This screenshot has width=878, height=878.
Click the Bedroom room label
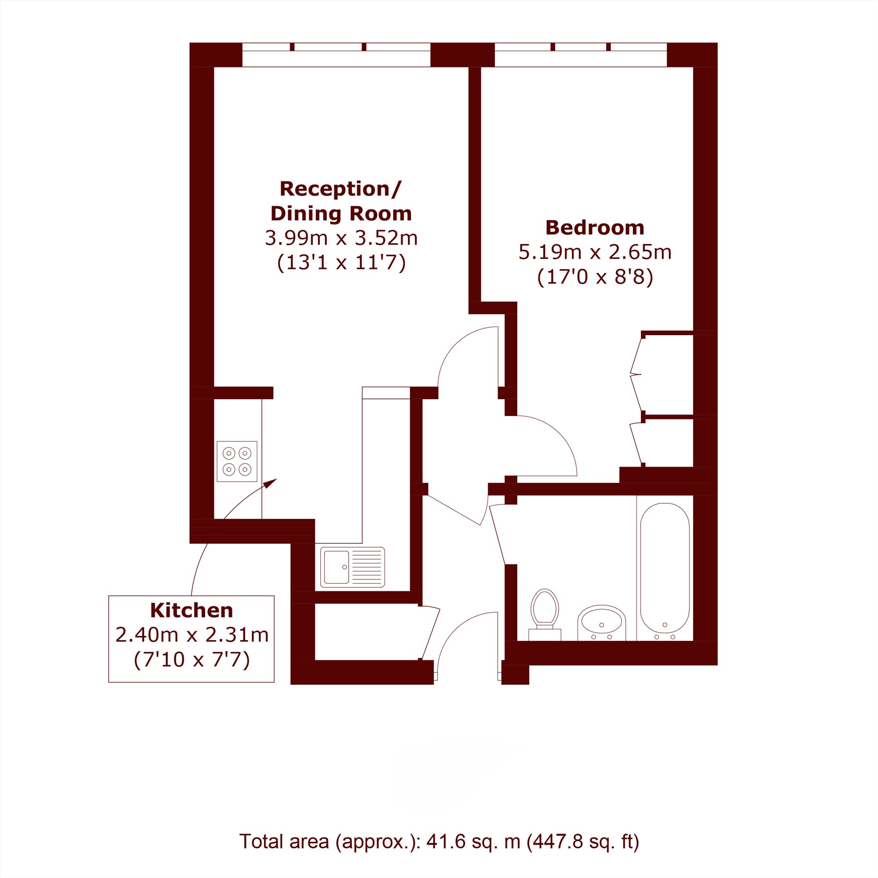coord(594,228)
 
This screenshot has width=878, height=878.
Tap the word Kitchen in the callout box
coord(191,611)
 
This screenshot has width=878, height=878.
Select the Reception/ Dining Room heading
coord(341,201)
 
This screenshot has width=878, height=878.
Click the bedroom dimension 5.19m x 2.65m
coord(595,252)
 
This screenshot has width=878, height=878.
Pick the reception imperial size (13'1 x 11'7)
coord(341,262)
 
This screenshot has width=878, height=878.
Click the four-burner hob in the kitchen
coord(237,461)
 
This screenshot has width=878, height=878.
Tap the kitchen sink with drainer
coord(352,567)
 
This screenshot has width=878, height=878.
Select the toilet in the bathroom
coord(545,614)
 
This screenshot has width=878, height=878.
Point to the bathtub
coord(665,567)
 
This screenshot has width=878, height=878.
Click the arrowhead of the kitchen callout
coord(272,483)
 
